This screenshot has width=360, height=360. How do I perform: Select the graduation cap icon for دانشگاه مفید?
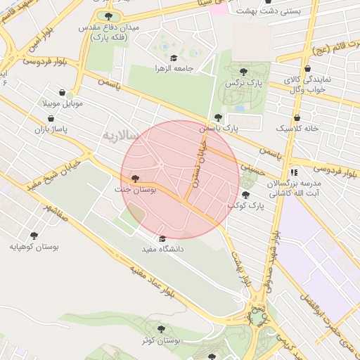tap(163, 238)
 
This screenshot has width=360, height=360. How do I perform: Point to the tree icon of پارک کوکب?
tap(245, 195)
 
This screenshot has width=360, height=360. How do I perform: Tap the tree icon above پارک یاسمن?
tap(218, 118)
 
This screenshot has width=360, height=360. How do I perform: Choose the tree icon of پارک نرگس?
tap(243, 72)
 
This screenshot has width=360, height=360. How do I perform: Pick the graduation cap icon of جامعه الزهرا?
tap(173, 58)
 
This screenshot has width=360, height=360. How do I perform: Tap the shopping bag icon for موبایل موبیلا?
tap(62, 93)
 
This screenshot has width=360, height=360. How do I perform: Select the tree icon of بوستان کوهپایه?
tap(33, 236)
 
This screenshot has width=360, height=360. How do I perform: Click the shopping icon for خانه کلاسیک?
tap(297, 118)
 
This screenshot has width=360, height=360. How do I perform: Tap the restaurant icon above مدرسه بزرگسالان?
tap(294, 171)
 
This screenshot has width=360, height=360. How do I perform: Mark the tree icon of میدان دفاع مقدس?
tap(108, 16)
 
